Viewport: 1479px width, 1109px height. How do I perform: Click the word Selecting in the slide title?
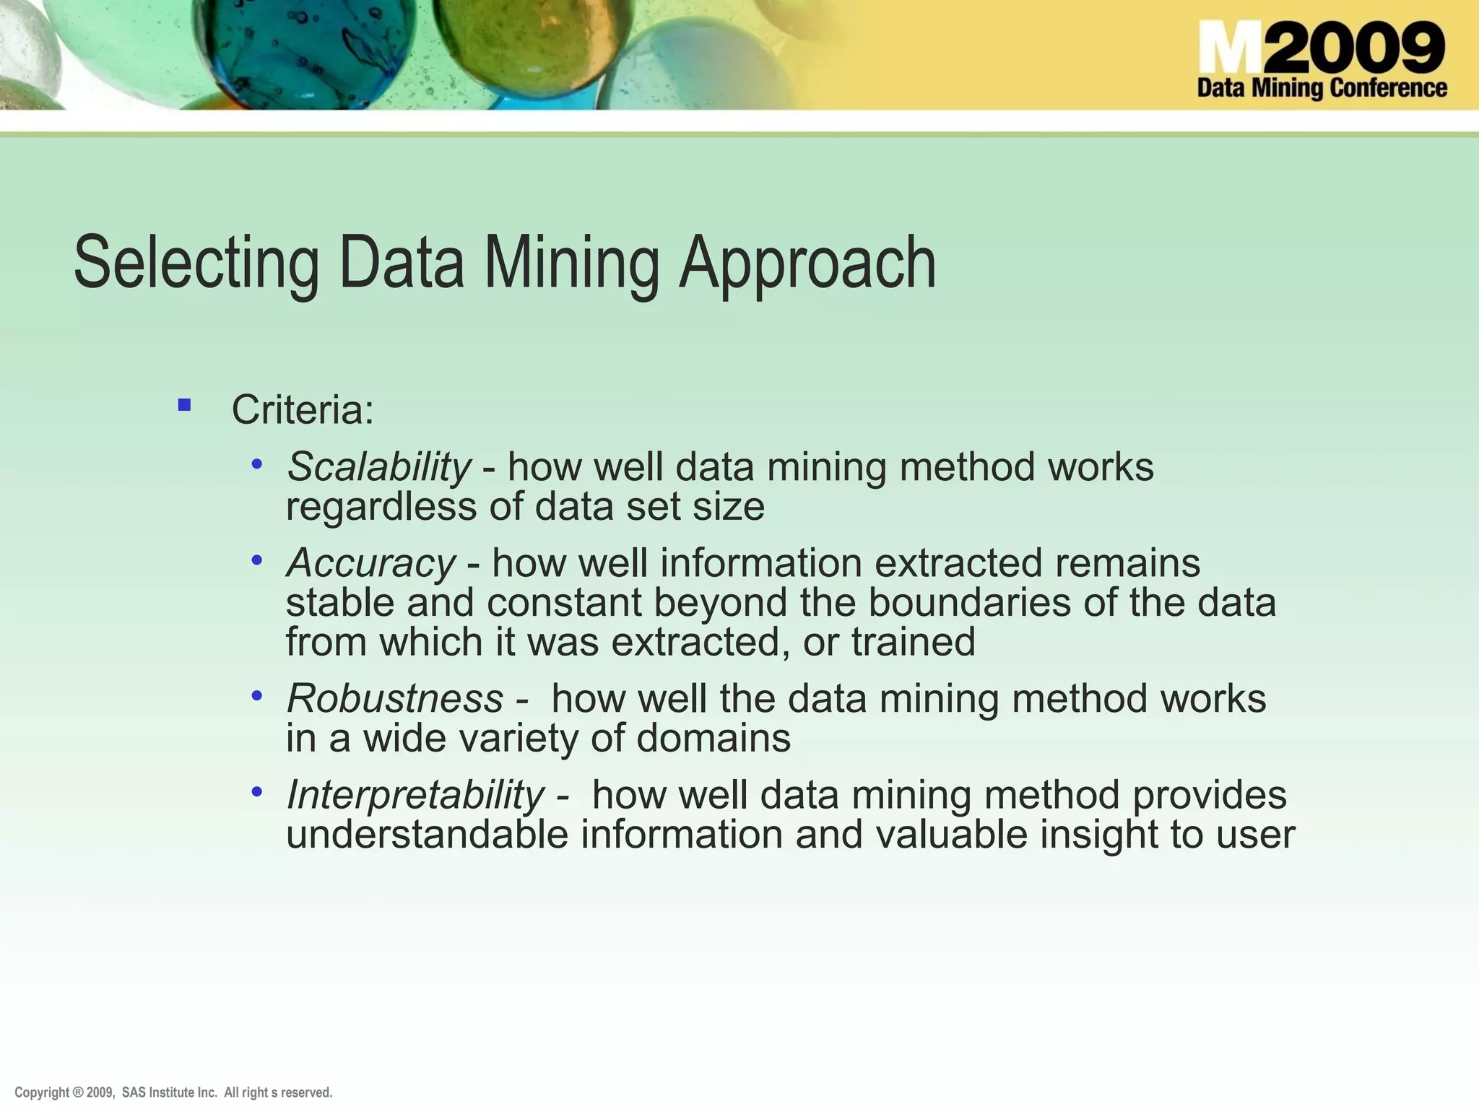(196, 263)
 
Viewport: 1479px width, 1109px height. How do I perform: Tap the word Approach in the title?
(807, 263)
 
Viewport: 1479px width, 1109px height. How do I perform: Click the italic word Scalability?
(378, 466)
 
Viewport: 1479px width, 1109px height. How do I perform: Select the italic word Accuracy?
(370, 562)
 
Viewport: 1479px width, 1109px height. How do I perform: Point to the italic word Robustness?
(394, 698)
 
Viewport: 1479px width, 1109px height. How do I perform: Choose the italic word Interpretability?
(415, 794)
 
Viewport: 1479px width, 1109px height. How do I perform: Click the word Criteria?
(302, 409)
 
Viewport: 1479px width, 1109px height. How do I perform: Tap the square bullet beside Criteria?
(184, 405)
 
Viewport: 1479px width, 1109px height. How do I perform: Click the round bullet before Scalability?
(257, 464)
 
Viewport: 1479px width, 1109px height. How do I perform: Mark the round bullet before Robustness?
(257, 696)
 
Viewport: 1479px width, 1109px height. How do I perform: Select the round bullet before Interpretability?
(257, 792)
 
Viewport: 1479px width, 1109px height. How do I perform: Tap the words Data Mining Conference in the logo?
(1322, 89)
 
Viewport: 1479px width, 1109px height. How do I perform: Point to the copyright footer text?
(173, 1092)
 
